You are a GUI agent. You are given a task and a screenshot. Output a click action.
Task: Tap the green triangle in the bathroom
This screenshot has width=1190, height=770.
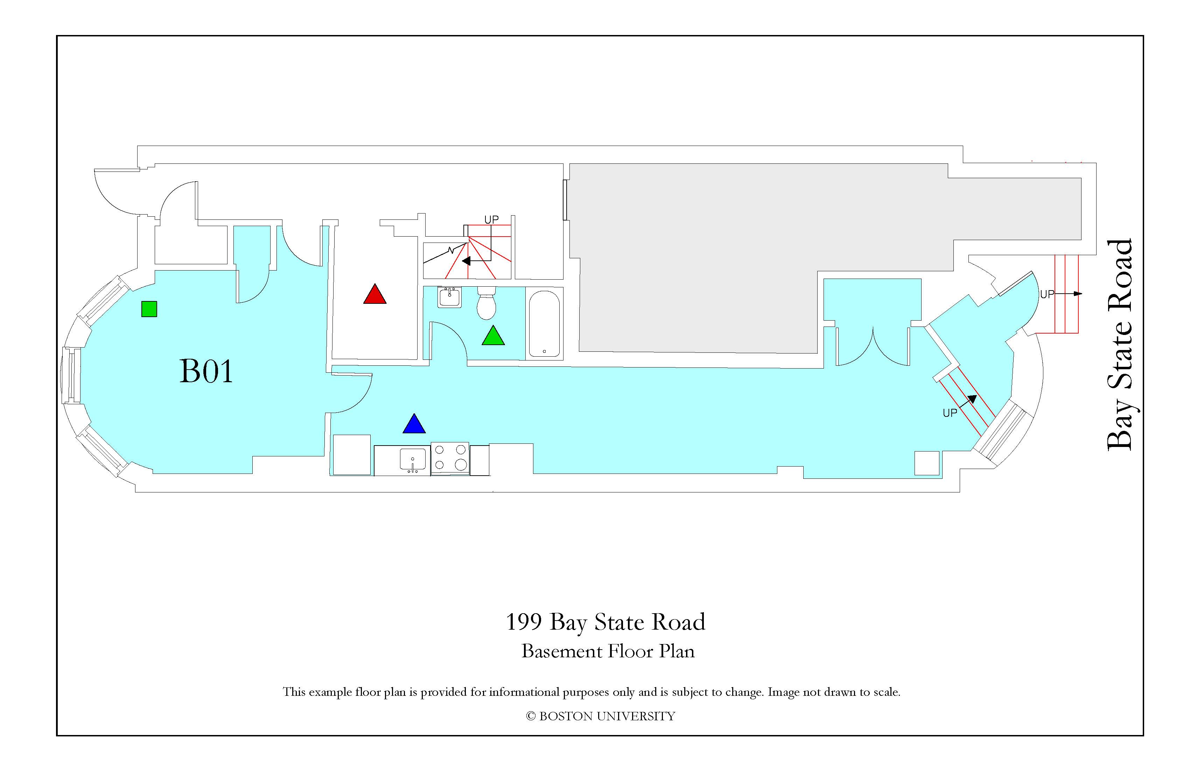click(493, 336)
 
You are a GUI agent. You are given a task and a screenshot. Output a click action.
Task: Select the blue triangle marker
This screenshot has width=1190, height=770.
click(414, 423)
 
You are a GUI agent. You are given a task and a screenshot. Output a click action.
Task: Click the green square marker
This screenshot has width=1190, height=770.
click(149, 309)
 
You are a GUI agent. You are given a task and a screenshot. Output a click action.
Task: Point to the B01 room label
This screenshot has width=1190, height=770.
click(206, 371)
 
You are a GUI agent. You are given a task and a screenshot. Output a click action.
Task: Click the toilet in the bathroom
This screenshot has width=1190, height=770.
click(486, 302)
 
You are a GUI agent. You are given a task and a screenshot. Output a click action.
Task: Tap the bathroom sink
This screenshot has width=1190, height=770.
click(449, 297)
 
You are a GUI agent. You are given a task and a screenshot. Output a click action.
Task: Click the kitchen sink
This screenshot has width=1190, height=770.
click(413, 460)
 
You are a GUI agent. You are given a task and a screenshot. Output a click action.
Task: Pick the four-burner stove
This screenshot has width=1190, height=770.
click(450, 458)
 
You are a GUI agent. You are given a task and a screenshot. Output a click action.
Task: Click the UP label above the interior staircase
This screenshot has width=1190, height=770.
click(491, 219)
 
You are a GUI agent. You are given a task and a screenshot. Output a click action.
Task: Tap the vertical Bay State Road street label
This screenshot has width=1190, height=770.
click(1119, 345)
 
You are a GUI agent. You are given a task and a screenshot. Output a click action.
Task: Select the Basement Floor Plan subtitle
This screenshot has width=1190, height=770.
click(608, 651)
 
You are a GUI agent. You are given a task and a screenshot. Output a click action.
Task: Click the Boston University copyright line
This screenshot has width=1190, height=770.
click(601, 716)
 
